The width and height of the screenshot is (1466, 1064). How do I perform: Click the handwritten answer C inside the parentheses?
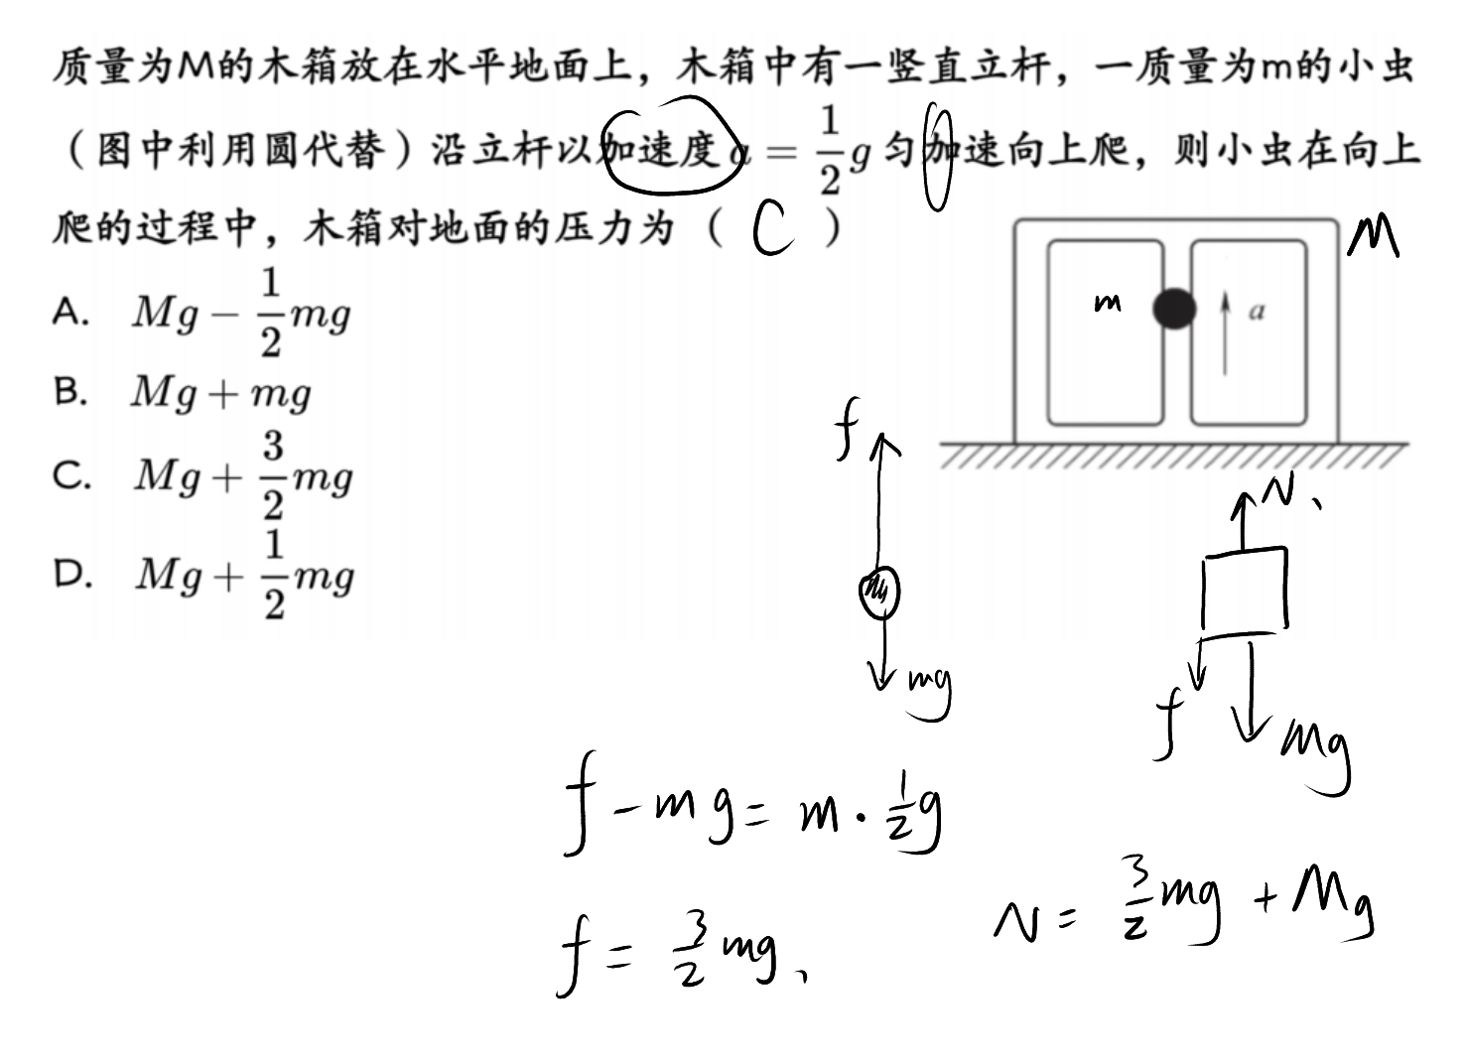[773, 226]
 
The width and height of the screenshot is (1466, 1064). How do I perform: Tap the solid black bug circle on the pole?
[1174, 309]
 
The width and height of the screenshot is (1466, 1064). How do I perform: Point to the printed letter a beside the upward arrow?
[1257, 312]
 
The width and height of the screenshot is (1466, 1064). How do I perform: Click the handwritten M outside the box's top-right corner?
[1373, 237]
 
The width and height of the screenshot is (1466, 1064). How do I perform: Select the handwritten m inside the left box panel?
[1108, 303]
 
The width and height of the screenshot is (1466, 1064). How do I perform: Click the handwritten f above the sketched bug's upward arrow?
[847, 428]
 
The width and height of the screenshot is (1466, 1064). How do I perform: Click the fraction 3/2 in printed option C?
[274, 475]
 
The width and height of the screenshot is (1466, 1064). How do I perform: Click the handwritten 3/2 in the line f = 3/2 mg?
[690, 952]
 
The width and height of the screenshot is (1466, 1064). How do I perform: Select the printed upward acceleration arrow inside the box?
[1225, 332]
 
